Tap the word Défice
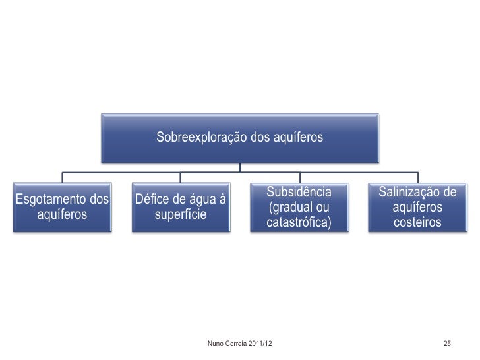tap(152, 199)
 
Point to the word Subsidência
tap(299, 192)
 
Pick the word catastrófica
tap(299, 223)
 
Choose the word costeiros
tap(417, 223)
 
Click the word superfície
tap(181, 215)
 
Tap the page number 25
tap(447, 344)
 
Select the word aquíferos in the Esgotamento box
tap(63, 215)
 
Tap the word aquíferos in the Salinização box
tap(417, 208)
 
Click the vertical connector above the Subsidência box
tap(299, 177)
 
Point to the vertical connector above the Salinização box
tap(418, 177)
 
